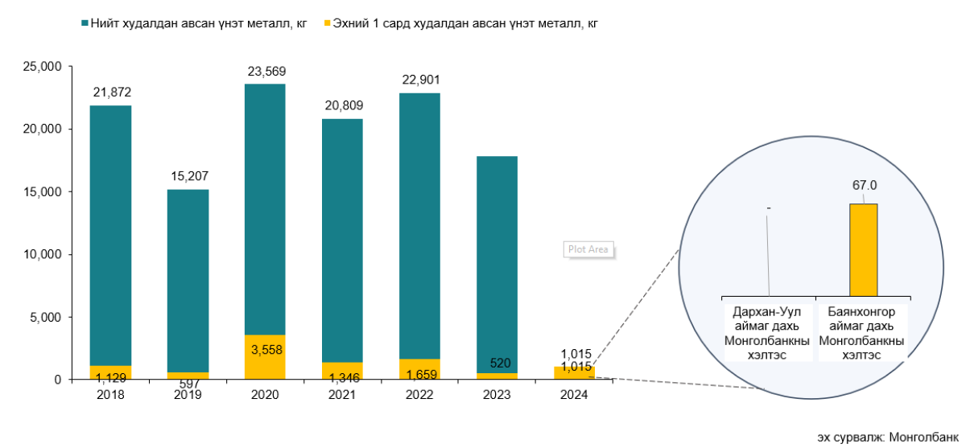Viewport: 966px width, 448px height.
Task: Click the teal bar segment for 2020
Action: pos(265,209)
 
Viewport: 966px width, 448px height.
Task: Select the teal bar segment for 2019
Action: pos(188,281)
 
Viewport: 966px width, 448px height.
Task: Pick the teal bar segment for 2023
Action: pos(497,265)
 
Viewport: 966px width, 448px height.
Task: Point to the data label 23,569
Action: pos(266,71)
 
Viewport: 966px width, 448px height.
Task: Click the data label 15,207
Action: pos(188,176)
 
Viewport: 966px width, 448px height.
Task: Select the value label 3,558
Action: pos(266,350)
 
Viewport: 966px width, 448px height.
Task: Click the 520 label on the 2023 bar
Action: pos(497,363)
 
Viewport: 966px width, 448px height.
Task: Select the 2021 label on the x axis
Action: pos(342,395)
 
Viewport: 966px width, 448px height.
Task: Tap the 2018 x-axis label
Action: pos(110,395)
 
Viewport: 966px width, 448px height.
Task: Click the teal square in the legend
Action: pos(85,23)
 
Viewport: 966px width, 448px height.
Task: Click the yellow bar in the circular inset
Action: pos(863,249)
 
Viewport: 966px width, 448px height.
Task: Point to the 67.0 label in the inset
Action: pos(865,186)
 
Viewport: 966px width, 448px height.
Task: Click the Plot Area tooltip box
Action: pos(588,249)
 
